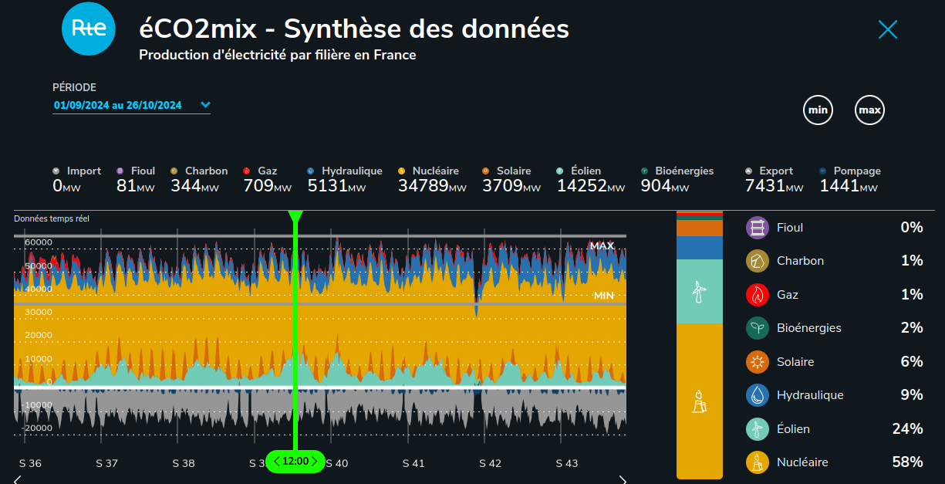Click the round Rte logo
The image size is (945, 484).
click(x=89, y=29)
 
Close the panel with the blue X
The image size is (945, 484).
click(x=888, y=29)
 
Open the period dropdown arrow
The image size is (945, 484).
click(x=205, y=105)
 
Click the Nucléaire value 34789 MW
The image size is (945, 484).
click(x=432, y=186)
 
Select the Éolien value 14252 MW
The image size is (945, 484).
click(x=591, y=186)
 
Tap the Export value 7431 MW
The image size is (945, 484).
click(x=774, y=186)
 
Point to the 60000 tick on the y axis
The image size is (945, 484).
click(x=39, y=242)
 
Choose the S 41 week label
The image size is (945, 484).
click(x=413, y=463)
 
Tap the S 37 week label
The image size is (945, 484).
click(x=106, y=463)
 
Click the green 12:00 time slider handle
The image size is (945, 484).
click(x=295, y=461)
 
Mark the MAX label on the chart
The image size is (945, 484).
click(x=602, y=245)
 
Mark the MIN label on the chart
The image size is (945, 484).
click(x=604, y=296)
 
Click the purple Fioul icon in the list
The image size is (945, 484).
click(x=758, y=228)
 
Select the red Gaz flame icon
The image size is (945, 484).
click(x=758, y=295)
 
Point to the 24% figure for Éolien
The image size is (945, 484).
click(x=907, y=428)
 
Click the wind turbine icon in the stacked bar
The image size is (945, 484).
click(x=699, y=292)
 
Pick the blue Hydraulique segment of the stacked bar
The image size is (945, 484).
click(x=700, y=248)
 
